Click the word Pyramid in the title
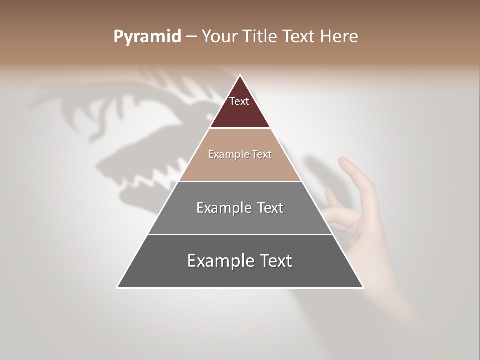click(x=147, y=37)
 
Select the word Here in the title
click(x=339, y=37)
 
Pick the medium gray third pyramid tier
click(x=240, y=220)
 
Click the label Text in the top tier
click(x=239, y=101)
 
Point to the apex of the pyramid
click(x=240, y=76)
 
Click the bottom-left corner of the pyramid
click(x=117, y=287)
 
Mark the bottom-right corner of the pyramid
click(x=363, y=287)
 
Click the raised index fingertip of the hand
click(x=343, y=161)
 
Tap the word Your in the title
click(x=219, y=37)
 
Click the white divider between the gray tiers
click(x=240, y=234)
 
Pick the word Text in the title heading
click(x=299, y=37)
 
